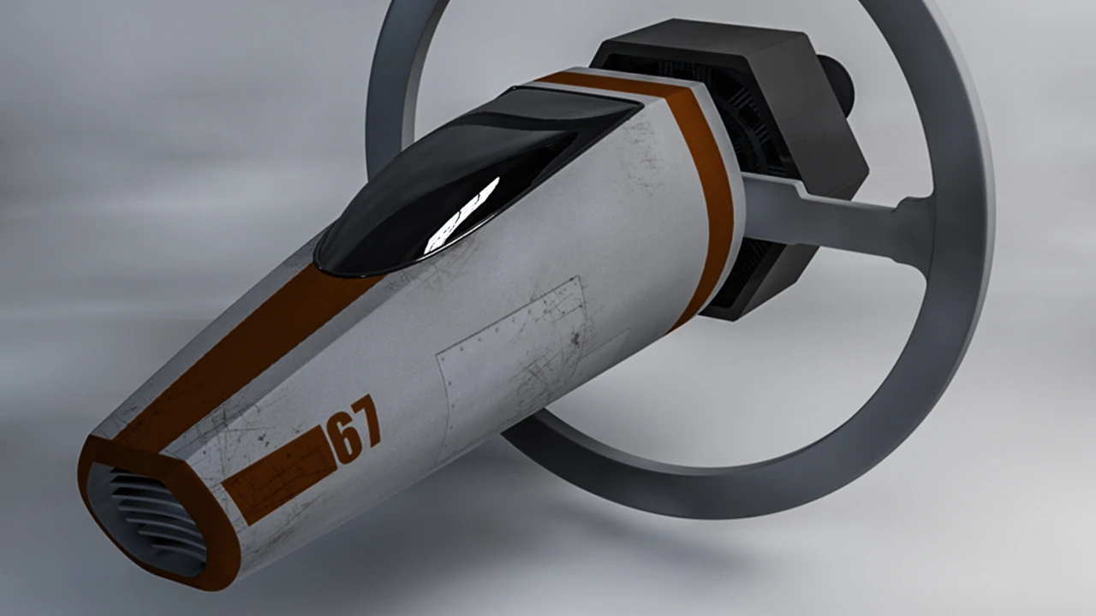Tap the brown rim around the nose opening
pos(152,513)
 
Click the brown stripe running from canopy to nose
pos(245,352)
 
